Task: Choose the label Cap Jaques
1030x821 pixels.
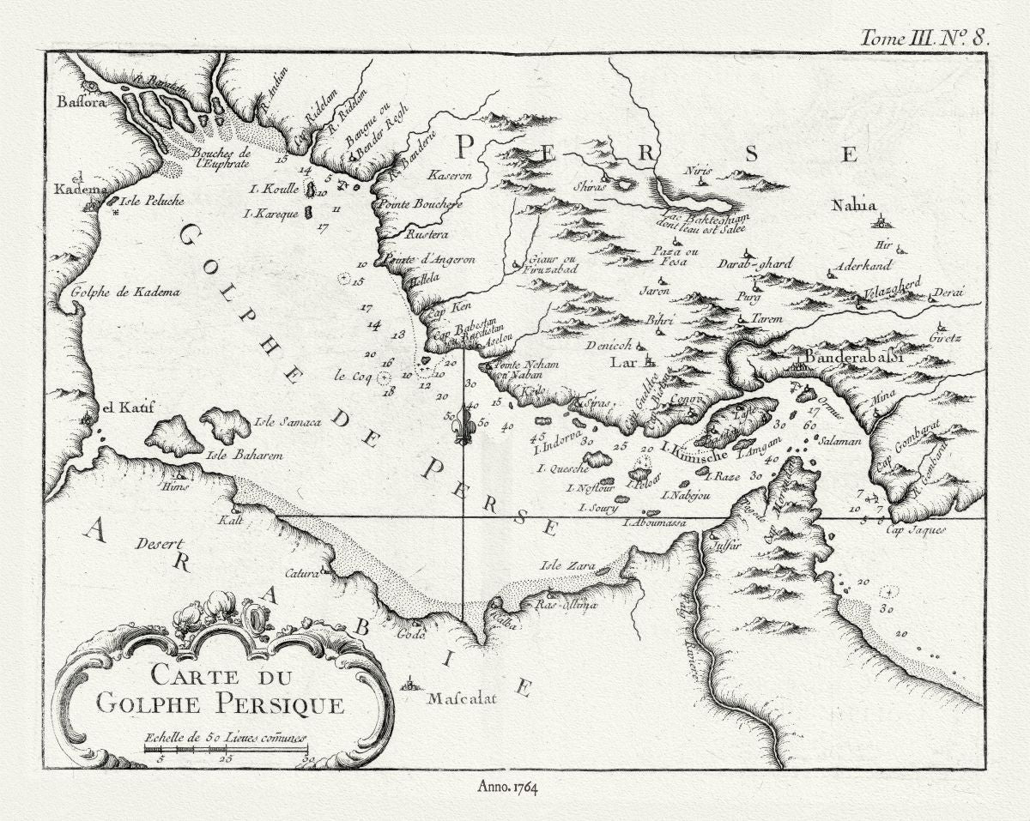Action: click(x=916, y=530)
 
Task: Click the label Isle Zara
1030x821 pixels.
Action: click(x=562, y=566)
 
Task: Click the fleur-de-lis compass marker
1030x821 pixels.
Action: click(x=463, y=424)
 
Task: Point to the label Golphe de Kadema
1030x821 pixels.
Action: click(x=126, y=292)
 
